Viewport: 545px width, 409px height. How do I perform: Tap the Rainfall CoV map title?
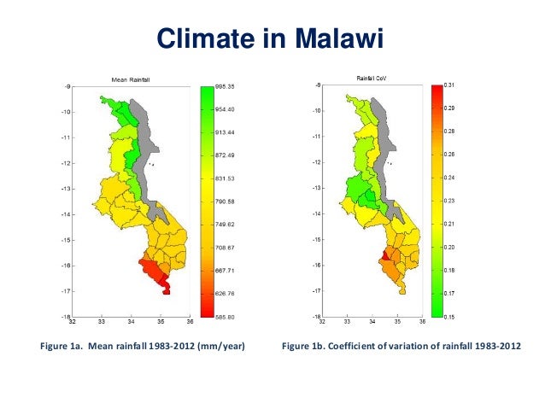coord(372,79)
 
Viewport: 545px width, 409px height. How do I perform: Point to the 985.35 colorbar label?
coord(226,86)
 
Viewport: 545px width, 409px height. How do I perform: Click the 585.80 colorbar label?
coord(226,317)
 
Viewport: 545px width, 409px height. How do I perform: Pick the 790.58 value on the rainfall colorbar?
coord(226,202)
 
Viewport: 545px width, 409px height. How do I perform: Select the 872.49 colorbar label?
coord(226,155)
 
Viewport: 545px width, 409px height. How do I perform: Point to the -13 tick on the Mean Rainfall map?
coord(65,188)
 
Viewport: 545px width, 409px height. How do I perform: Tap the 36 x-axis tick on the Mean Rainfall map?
coord(190,323)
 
